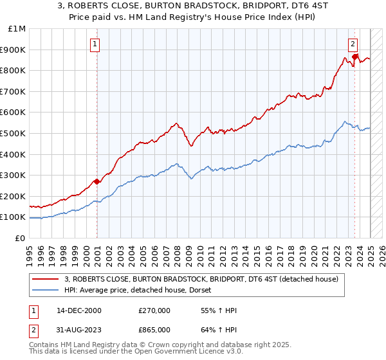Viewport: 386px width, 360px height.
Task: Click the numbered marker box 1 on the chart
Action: coord(95,44)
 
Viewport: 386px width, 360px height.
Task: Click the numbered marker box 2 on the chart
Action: coord(353,44)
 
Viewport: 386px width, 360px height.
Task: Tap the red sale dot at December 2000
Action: coord(96,181)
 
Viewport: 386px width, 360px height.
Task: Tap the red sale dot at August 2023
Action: coord(355,57)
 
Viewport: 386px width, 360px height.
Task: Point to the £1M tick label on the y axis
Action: coord(17,28)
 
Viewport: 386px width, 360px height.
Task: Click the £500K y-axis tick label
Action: coord(14,133)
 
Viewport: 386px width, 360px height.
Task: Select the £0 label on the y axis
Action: coord(21,238)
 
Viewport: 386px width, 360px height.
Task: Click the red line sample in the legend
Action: coord(46,280)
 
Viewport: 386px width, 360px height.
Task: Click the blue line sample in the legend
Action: coord(46,290)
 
